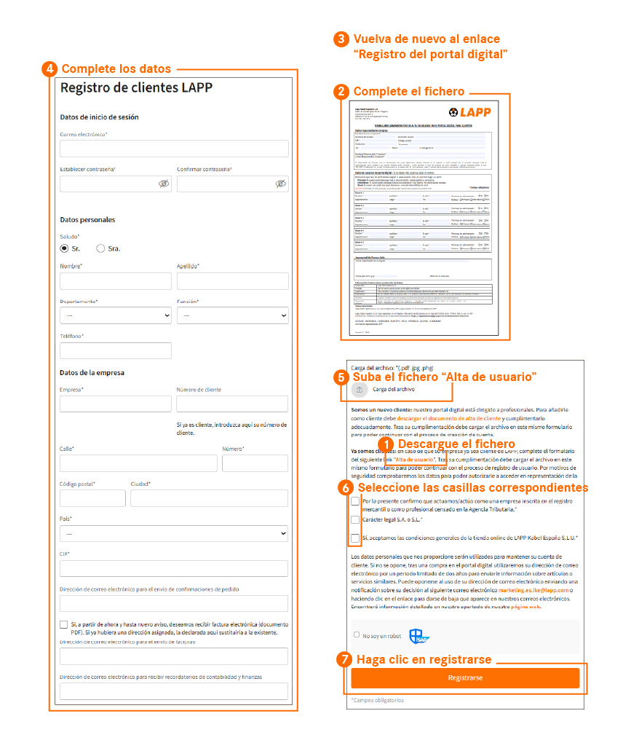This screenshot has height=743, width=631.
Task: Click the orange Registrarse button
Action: [x=465, y=677]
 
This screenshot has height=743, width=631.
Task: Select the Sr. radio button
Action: [x=64, y=248]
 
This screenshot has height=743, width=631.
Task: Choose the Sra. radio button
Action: [x=100, y=248]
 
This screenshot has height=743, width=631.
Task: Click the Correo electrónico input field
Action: [x=174, y=149]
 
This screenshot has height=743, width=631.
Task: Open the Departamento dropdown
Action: [x=116, y=315]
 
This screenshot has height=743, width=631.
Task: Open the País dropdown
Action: [x=174, y=534]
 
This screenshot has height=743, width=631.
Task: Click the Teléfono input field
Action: [x=116, y=350]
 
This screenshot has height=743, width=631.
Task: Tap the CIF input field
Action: [x=174, y=569]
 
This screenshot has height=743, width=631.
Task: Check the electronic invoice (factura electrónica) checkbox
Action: [x=64, y=625]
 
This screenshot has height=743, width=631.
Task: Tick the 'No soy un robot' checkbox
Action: [x=357, y=634]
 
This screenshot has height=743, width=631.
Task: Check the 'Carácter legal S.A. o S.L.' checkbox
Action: [x=355, y=520]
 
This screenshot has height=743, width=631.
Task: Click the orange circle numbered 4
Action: [x=50, y=69]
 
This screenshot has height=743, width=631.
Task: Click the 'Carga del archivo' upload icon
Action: [x=360, y=390]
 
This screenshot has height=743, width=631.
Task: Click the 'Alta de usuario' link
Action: [x=415, y=460]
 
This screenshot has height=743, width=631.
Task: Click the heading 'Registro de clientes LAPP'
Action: [x=136, y=88]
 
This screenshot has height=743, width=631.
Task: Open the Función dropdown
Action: [x=232, y=315]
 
